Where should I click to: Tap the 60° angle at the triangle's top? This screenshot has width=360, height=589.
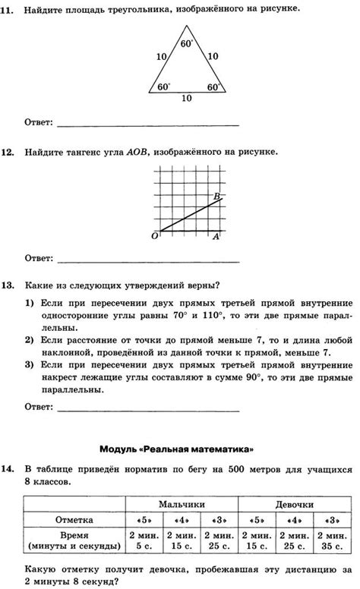pos(187,43)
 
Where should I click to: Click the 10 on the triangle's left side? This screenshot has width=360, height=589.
pos(160,57)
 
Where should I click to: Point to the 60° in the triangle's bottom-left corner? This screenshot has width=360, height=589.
pos(164,87)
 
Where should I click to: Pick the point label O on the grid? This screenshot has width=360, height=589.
pos(155,236)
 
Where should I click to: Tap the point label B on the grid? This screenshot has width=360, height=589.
pos(216,197)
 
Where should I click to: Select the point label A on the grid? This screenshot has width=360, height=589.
pos(215,236)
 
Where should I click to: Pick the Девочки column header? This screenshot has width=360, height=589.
pos(295,504)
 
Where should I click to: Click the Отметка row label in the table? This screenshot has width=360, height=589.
pos(74,520)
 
